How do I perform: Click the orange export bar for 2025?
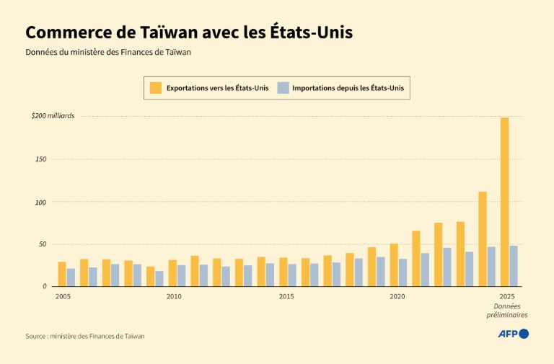(504, 202)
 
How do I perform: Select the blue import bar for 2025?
(514, 266)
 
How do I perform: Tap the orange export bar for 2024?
(483, 239)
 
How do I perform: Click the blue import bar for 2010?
(182, 275)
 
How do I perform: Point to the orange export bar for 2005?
(62, 274)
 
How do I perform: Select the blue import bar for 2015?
(292, 275)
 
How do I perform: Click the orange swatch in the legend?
(156, 88)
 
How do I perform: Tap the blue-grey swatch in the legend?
(283, 88)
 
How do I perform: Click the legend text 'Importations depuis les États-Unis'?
(348, 88)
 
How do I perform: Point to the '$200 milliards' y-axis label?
(53, 115)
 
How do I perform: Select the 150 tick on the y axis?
(40, 159)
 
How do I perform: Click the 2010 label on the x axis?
(174, 296)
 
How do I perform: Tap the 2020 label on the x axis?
(397, 296)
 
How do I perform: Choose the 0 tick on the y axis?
(45, 286)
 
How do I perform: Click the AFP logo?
(514, 334)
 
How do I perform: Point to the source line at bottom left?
(90, 336)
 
